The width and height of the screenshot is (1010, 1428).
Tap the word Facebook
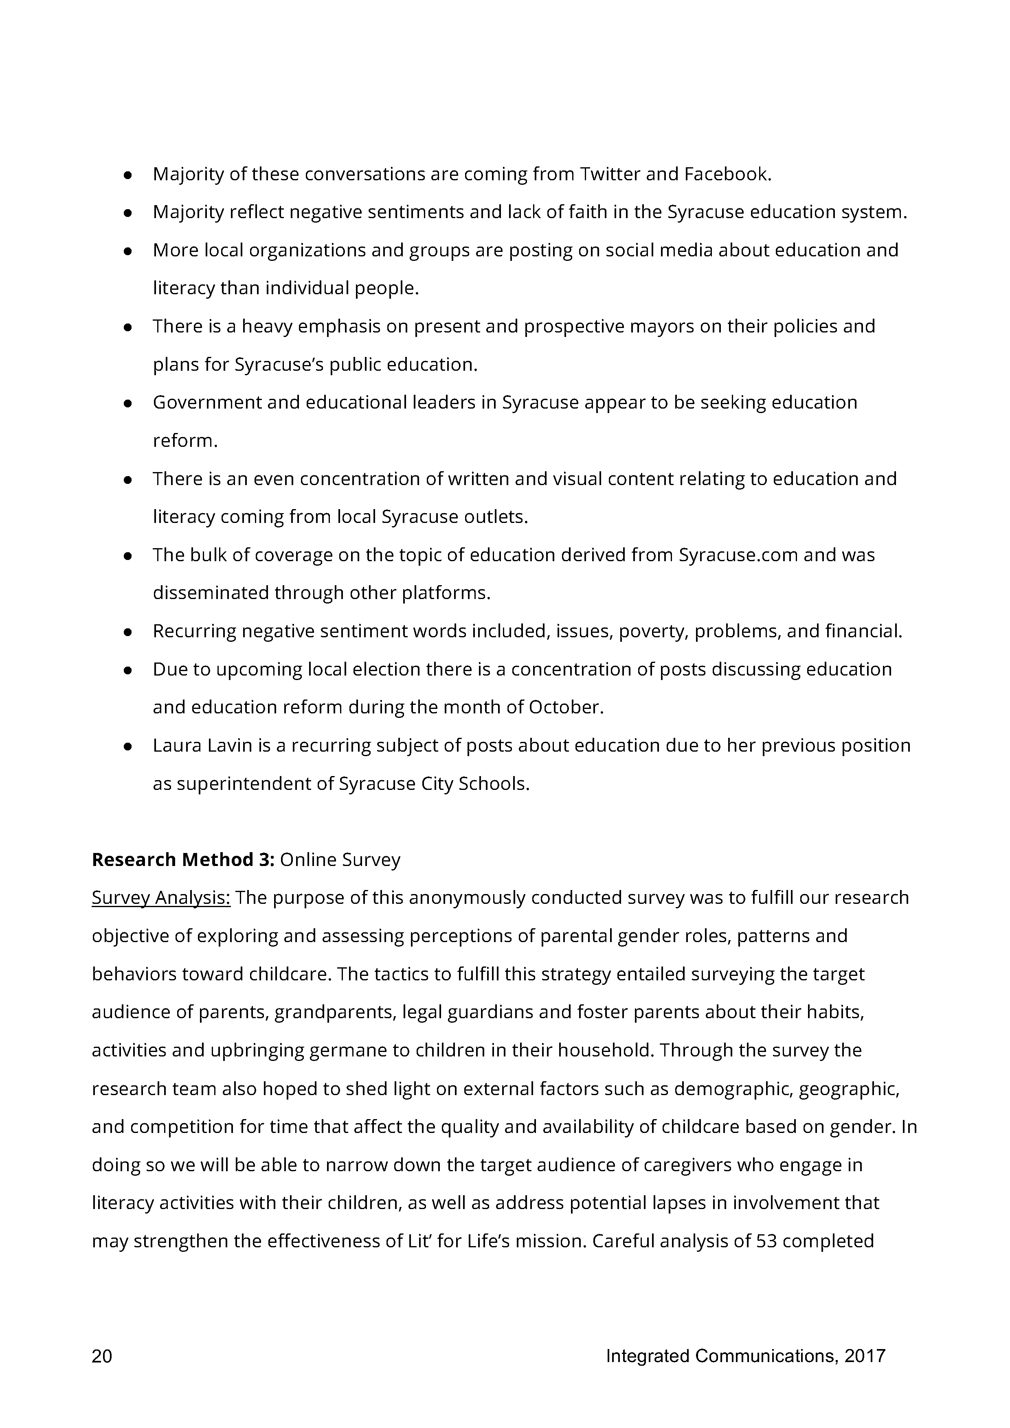(727, 174)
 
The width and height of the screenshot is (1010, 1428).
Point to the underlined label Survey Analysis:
(161, 898)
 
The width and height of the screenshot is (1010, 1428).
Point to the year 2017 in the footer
(865, 1356)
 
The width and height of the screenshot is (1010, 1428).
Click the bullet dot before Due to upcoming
(127, 671)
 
